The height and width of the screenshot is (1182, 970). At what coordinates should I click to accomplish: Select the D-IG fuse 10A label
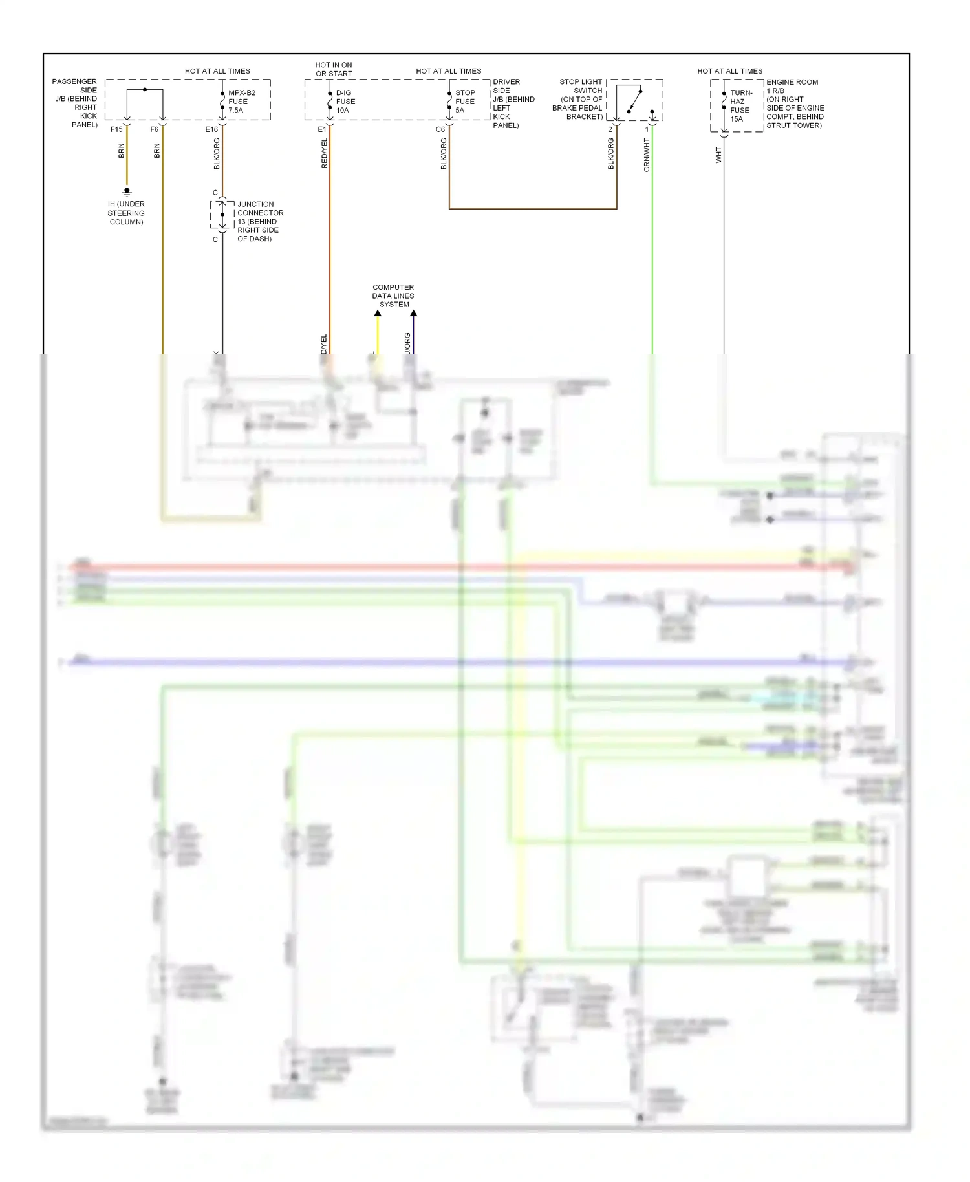pyautogui.click(x=345, y=102)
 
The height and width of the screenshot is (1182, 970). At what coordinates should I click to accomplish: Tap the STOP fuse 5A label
pyautogui.click(x=464, y=102)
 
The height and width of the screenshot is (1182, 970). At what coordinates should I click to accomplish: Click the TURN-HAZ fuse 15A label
pyautogui.click(x=740, y=105)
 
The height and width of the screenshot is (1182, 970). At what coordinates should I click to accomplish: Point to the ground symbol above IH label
pyautogui.click(x=127, y=191)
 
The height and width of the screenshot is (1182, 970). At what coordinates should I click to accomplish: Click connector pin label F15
pyautogui.click(x=116, y=129)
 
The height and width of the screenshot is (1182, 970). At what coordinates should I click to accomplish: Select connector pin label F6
pyautogui.click(x=154, y=129)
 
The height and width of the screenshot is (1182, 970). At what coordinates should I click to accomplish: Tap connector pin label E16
pyautogui.click(x=211, y=129)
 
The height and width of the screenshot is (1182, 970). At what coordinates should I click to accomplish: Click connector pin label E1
pyautogui.click(x=321, y=129)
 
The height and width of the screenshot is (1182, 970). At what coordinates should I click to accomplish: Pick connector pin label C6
pyautogui.click(x=440, y=129)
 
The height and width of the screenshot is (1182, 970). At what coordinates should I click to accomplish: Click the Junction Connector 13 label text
pyautogui.click(x=259, y=221)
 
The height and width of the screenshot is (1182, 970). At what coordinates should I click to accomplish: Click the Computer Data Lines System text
pyautogui.click(x=393, y=295)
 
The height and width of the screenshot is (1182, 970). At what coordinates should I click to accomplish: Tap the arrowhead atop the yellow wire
pyautogui.click(x=378, y=314)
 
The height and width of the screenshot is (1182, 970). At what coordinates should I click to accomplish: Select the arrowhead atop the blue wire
pyautogui.click(x=413, y=314)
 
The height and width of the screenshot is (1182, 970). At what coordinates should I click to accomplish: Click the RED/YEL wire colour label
pyautogui.click(x=325, y=154)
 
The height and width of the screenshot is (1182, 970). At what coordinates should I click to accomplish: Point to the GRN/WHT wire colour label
pyautogui.click(x=647, y=155)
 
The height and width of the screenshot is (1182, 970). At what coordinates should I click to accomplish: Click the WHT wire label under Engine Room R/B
pyautogui.click(x=718, y=155)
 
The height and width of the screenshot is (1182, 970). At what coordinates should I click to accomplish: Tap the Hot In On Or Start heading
pyautogui.click(x=334, y=69)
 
